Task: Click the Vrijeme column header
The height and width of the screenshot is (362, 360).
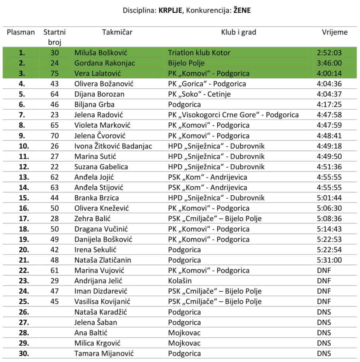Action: pos(334,33)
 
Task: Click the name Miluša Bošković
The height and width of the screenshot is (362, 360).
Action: pos(101,53)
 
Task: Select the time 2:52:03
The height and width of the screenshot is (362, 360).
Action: pos(329,53)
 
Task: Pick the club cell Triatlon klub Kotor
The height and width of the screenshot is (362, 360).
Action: pos(199,53)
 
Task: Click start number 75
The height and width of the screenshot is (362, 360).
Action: pos(54,74)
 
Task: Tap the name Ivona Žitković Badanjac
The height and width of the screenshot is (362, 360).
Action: pos(113,146)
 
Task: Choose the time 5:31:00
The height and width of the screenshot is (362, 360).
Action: pos(329,260)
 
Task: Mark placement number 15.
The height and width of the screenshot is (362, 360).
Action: pos(22,198)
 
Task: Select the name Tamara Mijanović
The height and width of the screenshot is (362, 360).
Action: pos(104,354)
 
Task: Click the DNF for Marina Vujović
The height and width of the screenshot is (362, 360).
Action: pos(324,270)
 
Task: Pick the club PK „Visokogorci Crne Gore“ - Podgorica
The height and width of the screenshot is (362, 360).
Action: pos(233,115)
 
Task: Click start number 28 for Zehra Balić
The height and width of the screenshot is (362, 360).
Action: pos(54,219)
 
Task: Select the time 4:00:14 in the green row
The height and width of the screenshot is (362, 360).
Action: pos(329,74)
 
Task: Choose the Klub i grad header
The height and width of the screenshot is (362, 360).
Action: pos(238,33)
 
